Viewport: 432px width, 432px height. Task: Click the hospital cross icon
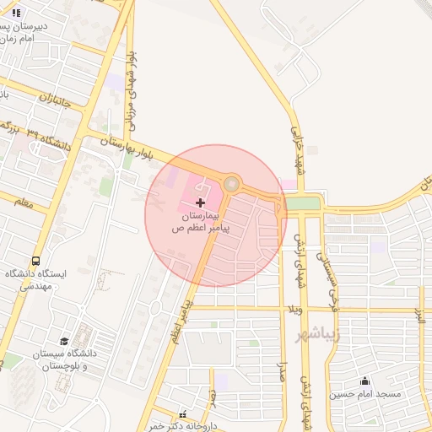[x=200, y=202]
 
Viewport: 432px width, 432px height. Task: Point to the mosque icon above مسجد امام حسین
[x=364, y=381]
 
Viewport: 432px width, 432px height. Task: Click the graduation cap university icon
[x=64, y=340]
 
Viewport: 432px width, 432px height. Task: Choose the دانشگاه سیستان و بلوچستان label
[x=62, y=361]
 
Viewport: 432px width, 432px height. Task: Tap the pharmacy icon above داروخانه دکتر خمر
[x=183, y=413]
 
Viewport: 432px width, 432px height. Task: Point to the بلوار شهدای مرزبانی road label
[x=131, y=89]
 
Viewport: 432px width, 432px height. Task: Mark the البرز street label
[x=419, y=316]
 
